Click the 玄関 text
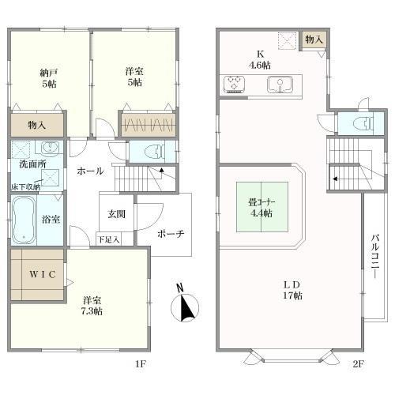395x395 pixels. point(117,214)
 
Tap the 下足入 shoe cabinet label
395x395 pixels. point(109,239)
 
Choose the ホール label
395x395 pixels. point(89,171)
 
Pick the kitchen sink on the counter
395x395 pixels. point(277,83)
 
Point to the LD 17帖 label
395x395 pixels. point(291,291)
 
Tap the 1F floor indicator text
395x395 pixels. point(141,364)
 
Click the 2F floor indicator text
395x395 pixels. point(357,364)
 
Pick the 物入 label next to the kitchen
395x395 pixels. point(314,39)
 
